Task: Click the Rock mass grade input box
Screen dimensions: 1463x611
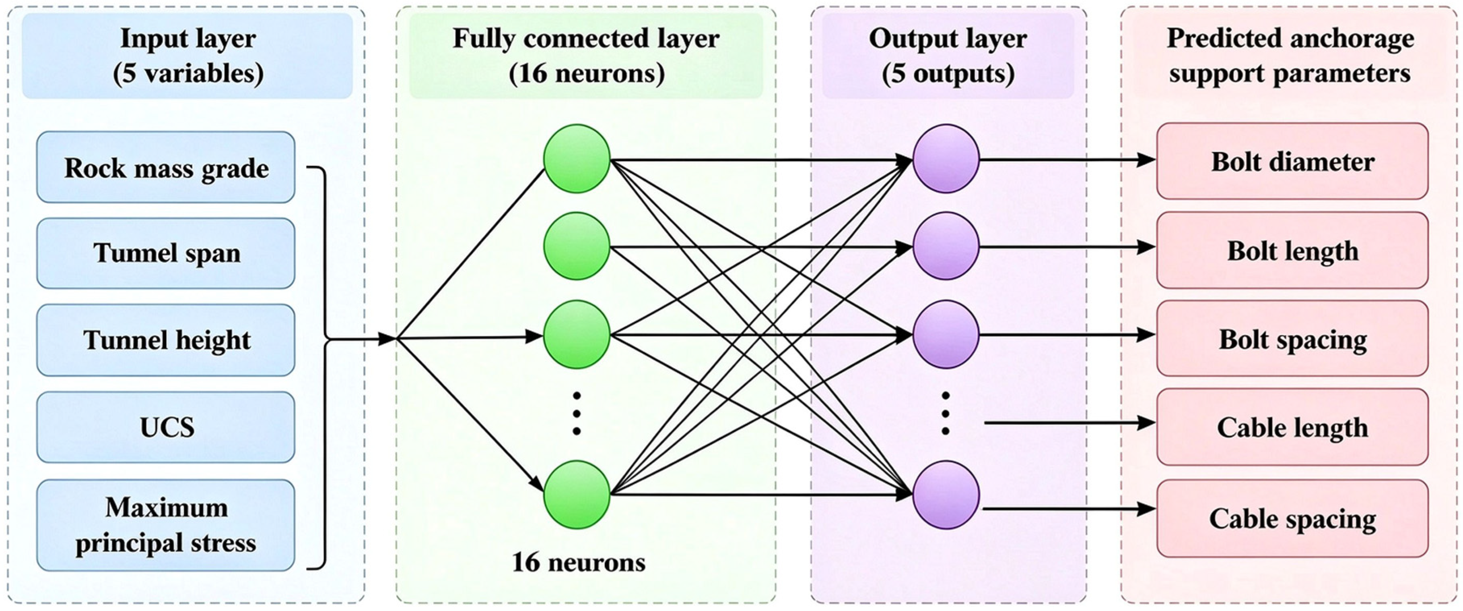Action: pyautogui.click(x=166, y=167)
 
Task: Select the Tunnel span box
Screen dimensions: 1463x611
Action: pyautogui.click(x=166, y=253)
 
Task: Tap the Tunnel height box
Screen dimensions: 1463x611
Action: pyautogui.click(x=166, y=340)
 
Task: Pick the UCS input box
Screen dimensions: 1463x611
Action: pyautogui.click(x=166, y=427)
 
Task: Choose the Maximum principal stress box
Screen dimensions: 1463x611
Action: pyautogui.click(x=166, y=525)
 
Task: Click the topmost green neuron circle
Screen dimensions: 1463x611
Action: pyautogui.click(x=577, y=159)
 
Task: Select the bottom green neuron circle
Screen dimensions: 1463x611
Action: pyautogui.click(x=577, y=495)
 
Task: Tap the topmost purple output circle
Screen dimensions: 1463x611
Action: pyautogui.click(x=946, y=159)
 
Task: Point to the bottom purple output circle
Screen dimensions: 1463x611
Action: pyautogui.click(x=946, y=495)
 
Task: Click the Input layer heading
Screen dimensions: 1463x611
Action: pyautogui.click(x=188, y=56)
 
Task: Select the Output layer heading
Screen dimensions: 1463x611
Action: pyautogui.click(x=948, y=56)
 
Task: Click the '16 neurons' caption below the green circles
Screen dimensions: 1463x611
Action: pyautogui.click(x=579, y=562)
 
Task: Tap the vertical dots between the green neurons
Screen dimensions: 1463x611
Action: pyautogui.click(x=577, y=413)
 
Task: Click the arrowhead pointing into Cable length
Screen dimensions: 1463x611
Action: pyautogui.click(x=1146, y=423)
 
